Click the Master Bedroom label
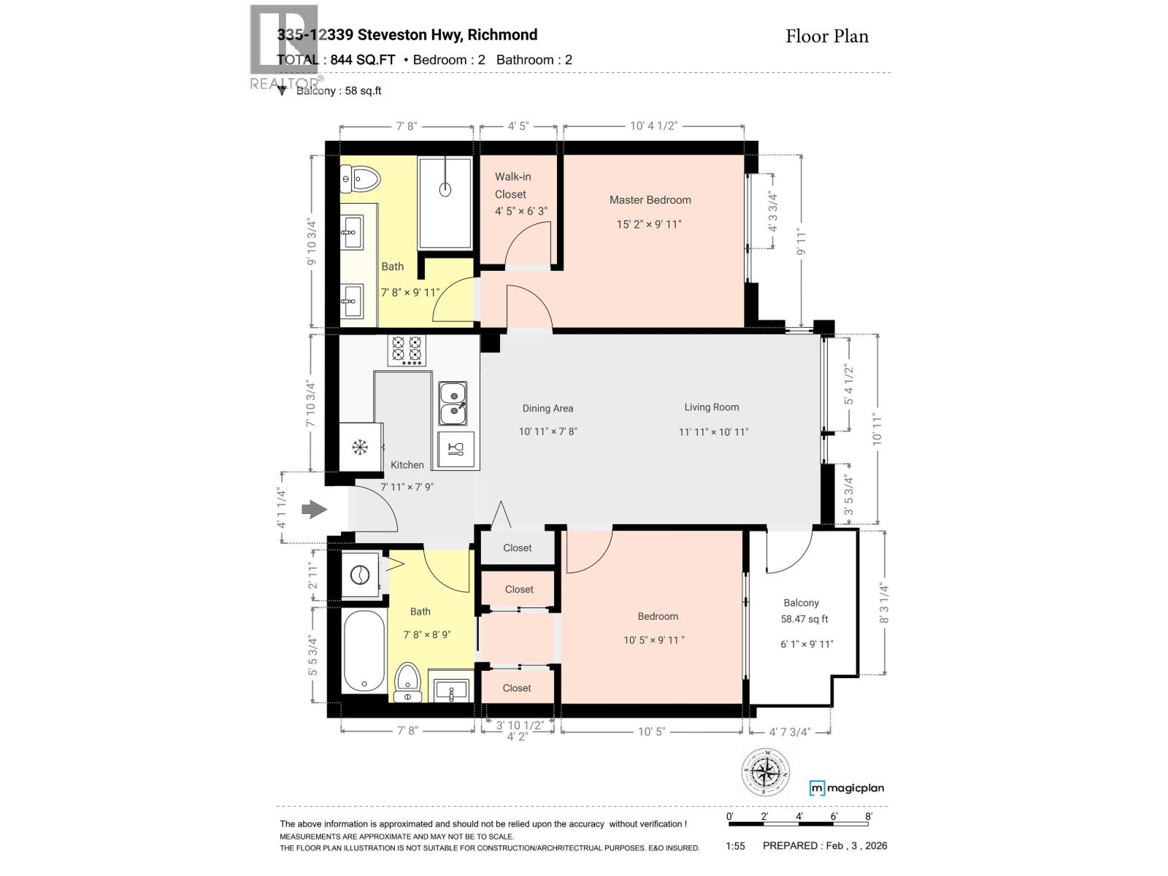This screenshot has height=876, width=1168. point(650,200)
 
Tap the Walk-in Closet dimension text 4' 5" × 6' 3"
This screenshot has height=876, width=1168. point(520,212)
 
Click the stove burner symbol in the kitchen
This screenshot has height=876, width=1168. point(407,350)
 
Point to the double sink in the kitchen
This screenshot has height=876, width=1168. point(453,404)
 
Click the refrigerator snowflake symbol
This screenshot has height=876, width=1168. point(359,447)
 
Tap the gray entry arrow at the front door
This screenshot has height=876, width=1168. point(315,509)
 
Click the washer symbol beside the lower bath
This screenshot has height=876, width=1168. point(360,576)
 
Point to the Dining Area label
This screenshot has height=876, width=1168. point(547,409)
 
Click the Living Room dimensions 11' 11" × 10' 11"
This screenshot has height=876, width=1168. point(713,432)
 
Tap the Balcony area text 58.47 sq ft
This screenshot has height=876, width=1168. point(804,619)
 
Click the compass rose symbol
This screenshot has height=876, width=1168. point(766,772)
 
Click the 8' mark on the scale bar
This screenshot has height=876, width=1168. point(868,817)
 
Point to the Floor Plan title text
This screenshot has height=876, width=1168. point(826,36)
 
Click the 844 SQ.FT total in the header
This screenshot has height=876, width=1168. point(362,60)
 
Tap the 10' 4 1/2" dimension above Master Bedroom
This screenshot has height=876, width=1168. point(654,126)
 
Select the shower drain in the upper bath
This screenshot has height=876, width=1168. point(445,190)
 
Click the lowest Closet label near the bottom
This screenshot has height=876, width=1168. point(517,688)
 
